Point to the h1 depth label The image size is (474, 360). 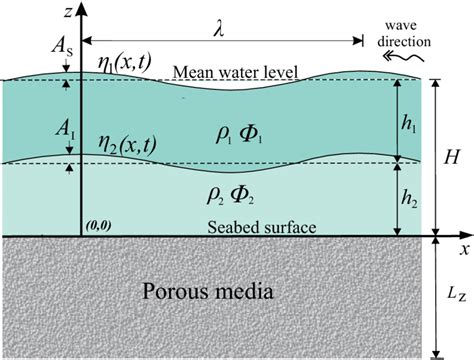coord(413,119)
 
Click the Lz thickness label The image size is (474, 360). coord(455,299)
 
